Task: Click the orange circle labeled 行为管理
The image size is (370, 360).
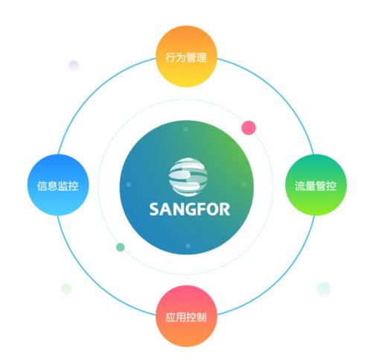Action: click(186, 57)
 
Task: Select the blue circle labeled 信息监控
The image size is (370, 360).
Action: click(58, 185)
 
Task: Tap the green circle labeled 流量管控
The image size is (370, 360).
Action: click(316, 185)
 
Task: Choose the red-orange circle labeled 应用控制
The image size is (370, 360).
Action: click(186, 316)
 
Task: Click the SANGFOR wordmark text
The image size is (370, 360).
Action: click(190, 209)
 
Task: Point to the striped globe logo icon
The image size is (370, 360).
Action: click(188, 177)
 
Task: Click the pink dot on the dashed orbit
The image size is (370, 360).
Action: click(249, 127)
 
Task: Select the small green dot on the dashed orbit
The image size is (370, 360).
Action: click(121, 247)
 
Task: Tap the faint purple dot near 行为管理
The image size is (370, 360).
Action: click(74, 66)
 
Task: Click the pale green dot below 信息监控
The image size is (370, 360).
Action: click(66, 288)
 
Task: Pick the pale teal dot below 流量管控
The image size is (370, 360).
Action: click(324, 289)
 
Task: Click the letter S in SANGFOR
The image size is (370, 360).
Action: click(154, 209)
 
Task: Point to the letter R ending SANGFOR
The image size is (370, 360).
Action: click(224, 209)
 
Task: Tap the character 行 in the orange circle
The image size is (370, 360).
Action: click(170, 57)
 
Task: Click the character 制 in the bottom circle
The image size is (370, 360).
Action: click(202, 317)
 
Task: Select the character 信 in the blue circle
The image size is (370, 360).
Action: click(42, 186)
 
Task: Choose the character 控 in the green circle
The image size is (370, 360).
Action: click(331, 186)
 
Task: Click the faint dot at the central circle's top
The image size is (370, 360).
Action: click(186, 130)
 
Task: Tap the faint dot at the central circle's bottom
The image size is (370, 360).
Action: click(188, 246)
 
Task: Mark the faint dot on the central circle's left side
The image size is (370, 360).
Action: click(129, 184)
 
